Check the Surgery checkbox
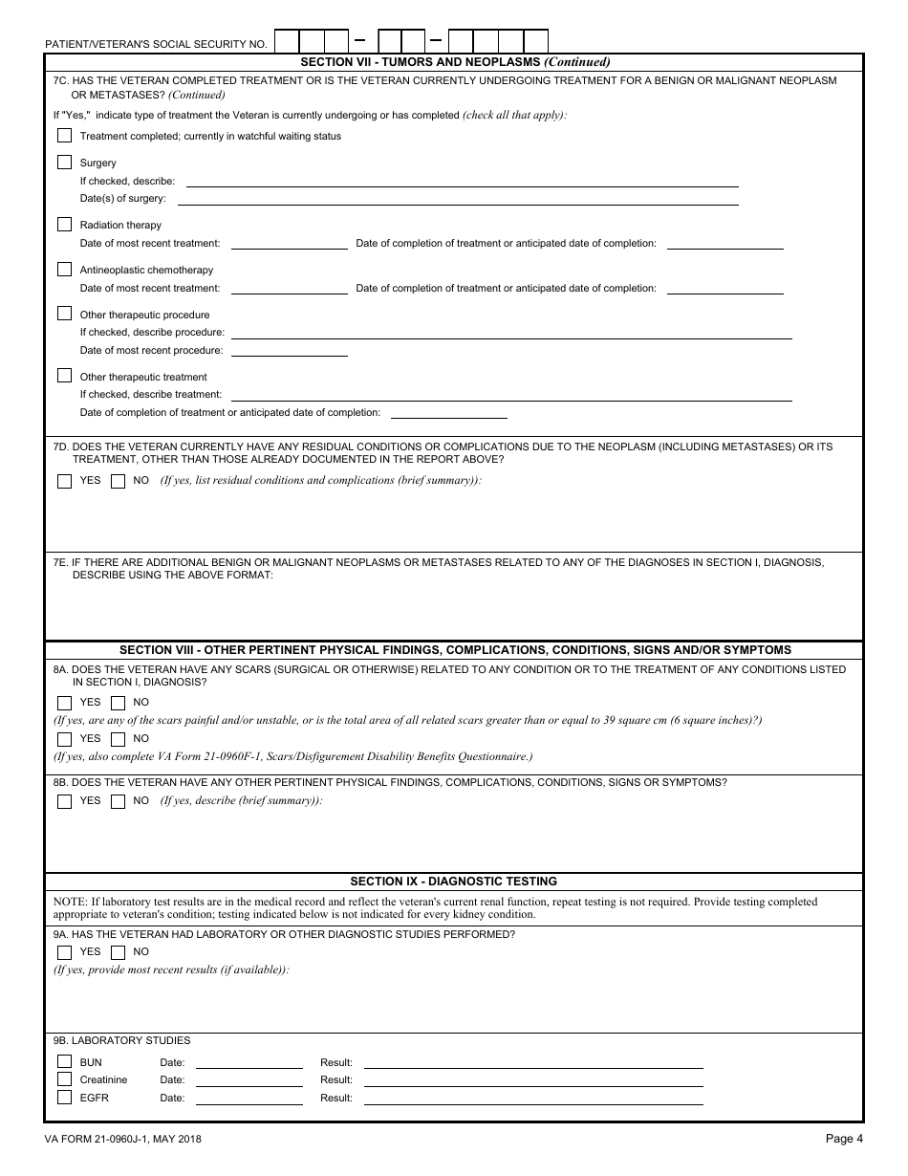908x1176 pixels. coord(65,163)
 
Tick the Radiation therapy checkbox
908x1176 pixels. coord(65,225)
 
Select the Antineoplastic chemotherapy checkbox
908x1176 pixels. coord(65,270)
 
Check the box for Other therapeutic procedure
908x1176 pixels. coord(65,314)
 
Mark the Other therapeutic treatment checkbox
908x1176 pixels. coord(65,376)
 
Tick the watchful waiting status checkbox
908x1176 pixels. coord(65,136)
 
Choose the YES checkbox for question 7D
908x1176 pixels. coord(65,481)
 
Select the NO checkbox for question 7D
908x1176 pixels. coord(118,481)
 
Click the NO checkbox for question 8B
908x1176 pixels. coord(118,801)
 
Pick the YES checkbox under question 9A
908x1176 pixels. coord(65,952)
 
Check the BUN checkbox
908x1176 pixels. coord(65,1062)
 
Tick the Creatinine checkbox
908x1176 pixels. coord(65,1079)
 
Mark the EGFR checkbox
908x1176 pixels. coord(65,1098)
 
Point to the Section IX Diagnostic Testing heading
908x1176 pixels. coord(453,882)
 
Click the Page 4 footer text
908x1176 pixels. coord(844,1138)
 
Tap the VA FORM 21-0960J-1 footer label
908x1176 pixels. coord(122,1139)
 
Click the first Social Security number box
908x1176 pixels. coord(287,41)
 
